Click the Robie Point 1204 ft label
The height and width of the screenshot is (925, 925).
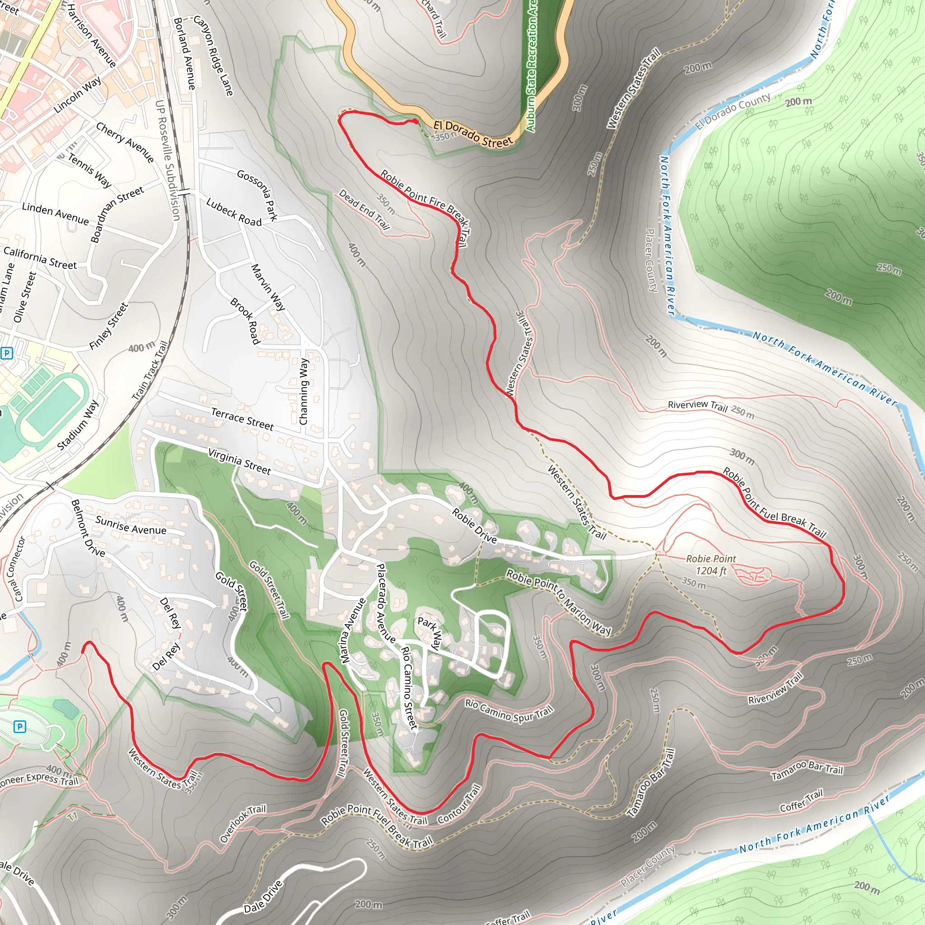(x=711, y=565)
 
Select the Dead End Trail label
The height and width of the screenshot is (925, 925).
(x=364, y=209)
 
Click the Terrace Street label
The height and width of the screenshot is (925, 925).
(x=242, y=418)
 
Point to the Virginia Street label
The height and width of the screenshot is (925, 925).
(x=239, y=461)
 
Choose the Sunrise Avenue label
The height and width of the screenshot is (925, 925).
(x=131, y=525)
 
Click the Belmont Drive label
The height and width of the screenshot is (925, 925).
(x=88, y=528)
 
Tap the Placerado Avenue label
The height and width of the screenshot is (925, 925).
(x=385, y=603)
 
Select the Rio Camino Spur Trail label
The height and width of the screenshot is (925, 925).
(x=509, y=710)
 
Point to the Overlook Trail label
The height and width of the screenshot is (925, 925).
(x=242, y=823)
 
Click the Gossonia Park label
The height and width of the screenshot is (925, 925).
(x=257, y=195)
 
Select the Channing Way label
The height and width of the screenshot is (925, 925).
(x=304, y=391)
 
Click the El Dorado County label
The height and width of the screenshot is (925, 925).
(x=733, y=112)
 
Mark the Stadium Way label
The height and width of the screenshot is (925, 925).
(x=78, y=425)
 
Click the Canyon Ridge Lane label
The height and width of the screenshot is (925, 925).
(x=214, y=55)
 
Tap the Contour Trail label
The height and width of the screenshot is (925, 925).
(x=459, y=804)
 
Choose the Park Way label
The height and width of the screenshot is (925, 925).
(x=430, y=632)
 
